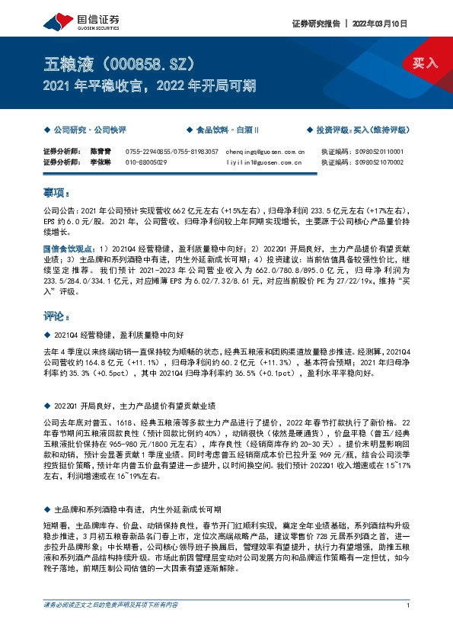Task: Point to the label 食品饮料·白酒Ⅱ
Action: tap(227, 130)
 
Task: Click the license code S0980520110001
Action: tap(382, 152)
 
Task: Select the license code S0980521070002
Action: tap(382, 162)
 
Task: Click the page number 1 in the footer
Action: tap(410, 626)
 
